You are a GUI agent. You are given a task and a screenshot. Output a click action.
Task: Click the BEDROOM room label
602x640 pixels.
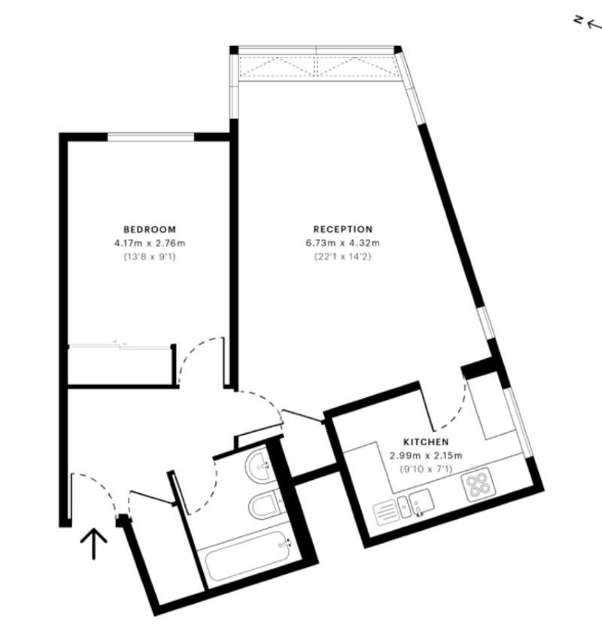point(150,229)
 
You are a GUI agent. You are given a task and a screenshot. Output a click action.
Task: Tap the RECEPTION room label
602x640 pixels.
point(343,229)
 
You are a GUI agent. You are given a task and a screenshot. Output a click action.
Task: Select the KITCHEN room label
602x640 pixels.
point(425,442)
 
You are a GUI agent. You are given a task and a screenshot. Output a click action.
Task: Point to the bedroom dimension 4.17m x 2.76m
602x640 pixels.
point(150,243)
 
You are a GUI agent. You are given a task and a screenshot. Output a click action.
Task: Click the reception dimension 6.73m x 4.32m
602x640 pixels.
point(343,243)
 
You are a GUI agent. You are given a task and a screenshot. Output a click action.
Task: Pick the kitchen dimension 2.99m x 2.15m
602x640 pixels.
point(425,456)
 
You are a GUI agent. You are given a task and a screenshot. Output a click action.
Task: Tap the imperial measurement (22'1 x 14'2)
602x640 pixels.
point(343,257)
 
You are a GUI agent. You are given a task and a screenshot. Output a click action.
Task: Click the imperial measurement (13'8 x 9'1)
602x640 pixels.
point(150,257)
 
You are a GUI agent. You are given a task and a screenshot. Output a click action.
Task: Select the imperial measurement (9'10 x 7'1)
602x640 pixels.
point(425,469)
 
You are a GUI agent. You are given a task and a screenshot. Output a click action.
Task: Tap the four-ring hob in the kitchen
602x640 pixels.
point(477,487)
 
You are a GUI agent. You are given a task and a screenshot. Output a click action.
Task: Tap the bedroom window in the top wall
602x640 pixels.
point(151,137)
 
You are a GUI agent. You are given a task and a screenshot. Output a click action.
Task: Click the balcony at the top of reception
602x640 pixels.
point(316,66)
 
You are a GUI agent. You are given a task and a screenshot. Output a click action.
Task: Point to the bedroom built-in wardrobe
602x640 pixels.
point(120,366)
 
